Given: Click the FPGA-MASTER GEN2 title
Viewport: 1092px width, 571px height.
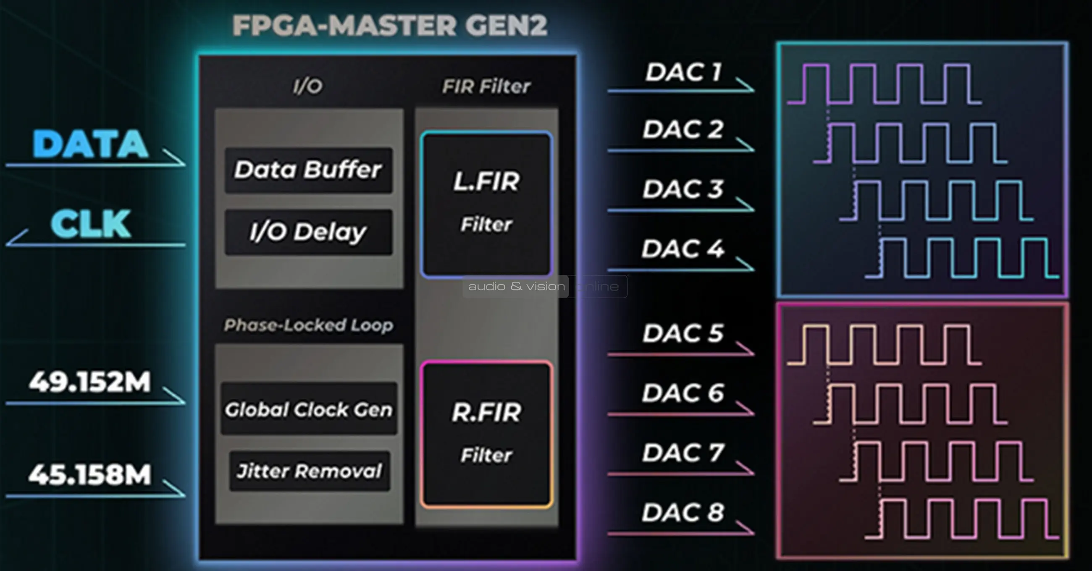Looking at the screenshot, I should (x=390, y=26).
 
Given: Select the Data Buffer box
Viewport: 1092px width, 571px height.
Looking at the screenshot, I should (x=308, y=170).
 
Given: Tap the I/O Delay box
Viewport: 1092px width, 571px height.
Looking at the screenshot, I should (x=308, y=232).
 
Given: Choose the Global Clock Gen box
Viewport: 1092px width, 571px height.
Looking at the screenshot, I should (x=309, y=409).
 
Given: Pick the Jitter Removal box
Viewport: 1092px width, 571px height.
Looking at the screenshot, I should (x=309, y=471).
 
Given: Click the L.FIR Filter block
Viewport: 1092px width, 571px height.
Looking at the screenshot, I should (x=486, y=204).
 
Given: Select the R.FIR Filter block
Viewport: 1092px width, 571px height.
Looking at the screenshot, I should (x=486, y=435).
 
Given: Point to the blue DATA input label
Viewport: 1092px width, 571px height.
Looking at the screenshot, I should (x=90, y=144).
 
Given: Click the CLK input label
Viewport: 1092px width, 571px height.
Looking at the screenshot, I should (x=90, y=224).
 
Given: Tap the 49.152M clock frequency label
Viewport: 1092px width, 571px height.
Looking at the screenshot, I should (x=89, y=382).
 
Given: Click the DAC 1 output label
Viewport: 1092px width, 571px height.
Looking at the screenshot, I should (x=683, y=72).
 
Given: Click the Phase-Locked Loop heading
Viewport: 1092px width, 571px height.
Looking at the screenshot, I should (x=309, y=325).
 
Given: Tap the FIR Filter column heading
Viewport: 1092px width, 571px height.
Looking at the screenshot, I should (x=486, y=86).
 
